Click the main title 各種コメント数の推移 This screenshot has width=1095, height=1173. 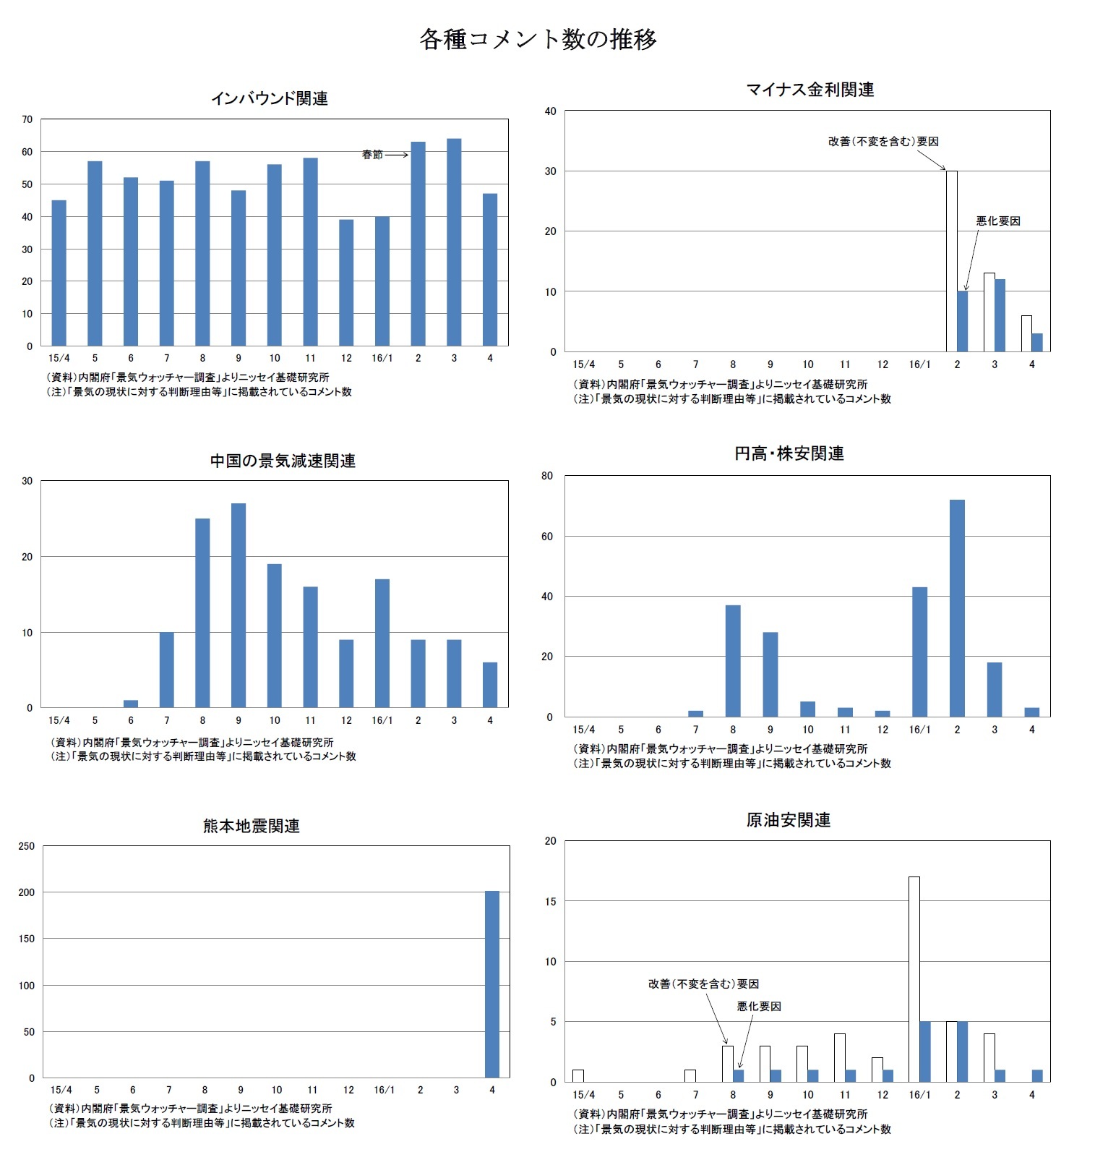click(538, 39)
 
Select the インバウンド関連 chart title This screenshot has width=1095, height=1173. click(269, 98)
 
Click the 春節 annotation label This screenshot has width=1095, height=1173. click(372, 155)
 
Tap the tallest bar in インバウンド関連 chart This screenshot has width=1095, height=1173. click(454, 242)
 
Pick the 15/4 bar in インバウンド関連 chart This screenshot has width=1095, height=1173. click(59, 273)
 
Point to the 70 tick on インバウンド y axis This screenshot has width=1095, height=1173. click(27, 119)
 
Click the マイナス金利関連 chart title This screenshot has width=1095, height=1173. click(810, 90)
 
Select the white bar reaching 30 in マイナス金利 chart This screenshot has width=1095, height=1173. click(952, 261)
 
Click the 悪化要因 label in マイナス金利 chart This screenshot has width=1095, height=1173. click(997, 221)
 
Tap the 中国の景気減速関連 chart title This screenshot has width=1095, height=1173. click(283, 461)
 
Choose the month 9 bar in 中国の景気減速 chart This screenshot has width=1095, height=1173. click(239, 605)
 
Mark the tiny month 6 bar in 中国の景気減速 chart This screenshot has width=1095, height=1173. click(131, 704)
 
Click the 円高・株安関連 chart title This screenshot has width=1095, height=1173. click(789, 453)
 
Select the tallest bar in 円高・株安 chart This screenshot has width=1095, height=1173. click(957, 608)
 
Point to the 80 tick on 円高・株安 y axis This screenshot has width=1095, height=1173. click(547, 476)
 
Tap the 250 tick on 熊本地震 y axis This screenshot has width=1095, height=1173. click(27, 846)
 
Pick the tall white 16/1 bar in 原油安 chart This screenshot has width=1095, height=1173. click(914, 979)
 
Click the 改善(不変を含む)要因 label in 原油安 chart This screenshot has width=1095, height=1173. click(703, 984)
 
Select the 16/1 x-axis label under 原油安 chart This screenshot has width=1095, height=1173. click(919, 1095)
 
